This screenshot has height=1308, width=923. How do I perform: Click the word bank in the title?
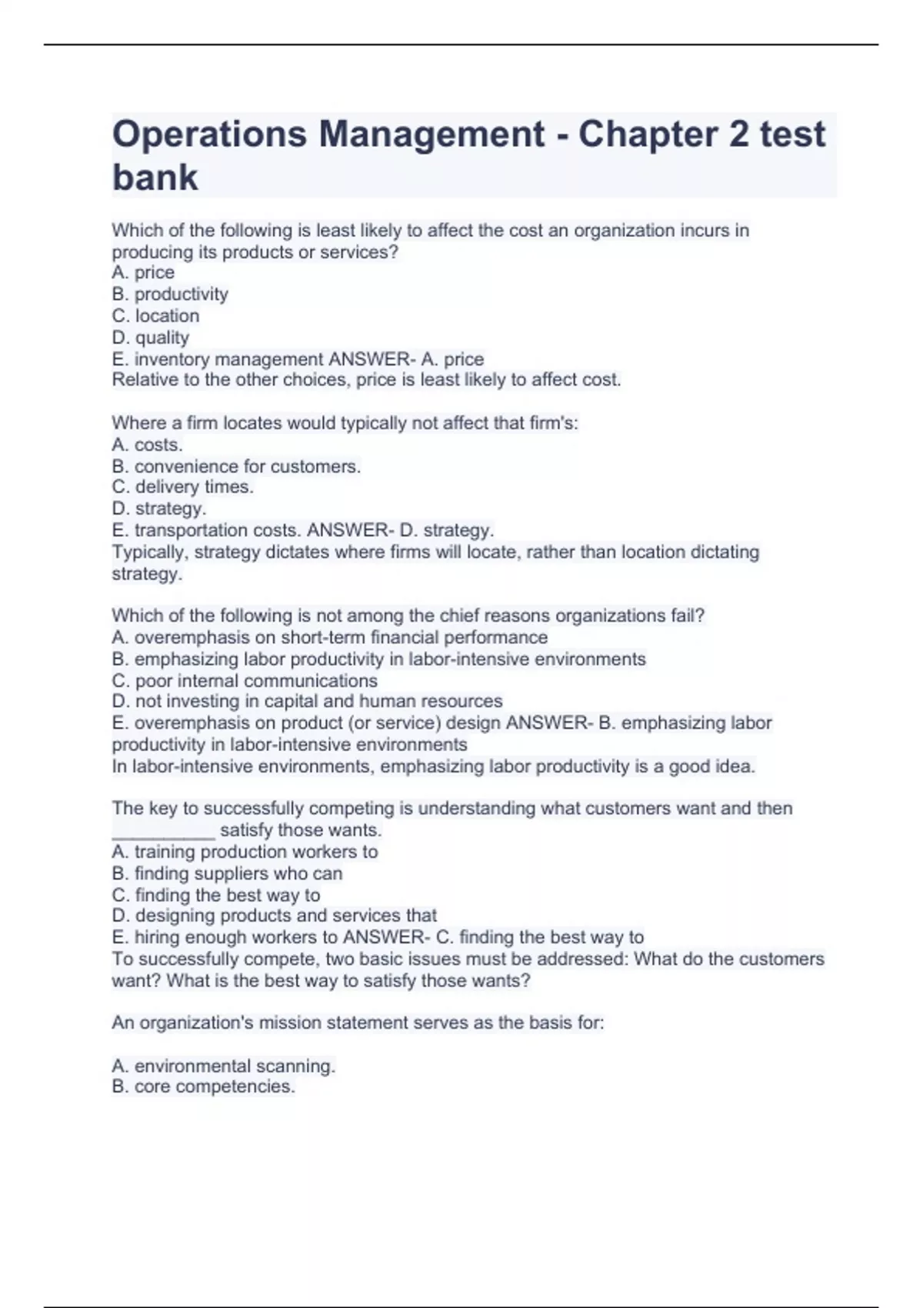coord(155,178)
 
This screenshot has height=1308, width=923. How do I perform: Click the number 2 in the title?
coord(738,135)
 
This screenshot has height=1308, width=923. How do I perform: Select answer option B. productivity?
coord(170,294)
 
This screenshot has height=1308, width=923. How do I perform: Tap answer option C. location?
coord(155,315)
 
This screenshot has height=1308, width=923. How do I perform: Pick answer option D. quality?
coord(151,337)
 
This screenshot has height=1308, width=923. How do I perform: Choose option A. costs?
coord(147,445)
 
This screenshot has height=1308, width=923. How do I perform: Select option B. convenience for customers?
coord(236,466)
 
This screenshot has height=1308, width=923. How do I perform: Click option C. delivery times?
coord(182,487)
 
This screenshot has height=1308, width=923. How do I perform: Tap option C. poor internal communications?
coord(245,681)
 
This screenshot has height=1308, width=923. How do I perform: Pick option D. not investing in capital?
coord(307,702)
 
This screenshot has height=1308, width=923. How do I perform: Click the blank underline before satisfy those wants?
coord(163,831)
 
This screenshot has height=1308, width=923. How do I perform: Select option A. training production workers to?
coord(245,852)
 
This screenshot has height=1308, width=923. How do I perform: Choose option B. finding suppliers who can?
coord(227,873)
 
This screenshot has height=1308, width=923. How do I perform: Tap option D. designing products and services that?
coord(274,916)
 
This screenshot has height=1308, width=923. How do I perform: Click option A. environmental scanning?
coord(223,1066)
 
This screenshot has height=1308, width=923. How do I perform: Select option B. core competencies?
coord(203,1086)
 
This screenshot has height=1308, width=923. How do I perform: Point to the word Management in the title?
coord(432,135)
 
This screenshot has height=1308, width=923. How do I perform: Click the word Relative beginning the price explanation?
coord(141,380)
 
